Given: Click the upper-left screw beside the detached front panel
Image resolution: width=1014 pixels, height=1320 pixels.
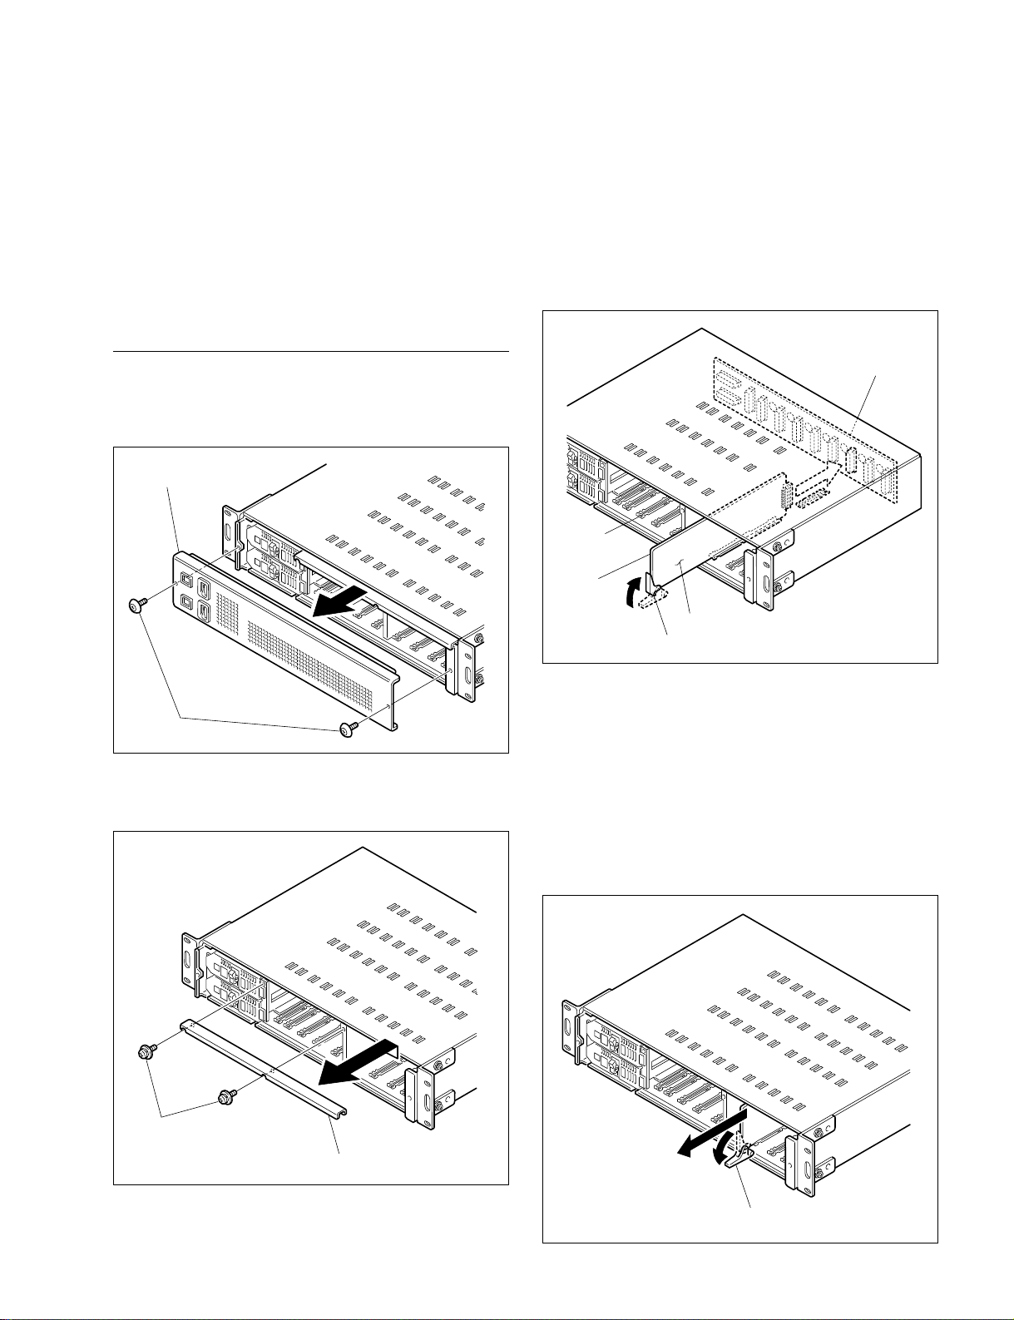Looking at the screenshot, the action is pos(136,606).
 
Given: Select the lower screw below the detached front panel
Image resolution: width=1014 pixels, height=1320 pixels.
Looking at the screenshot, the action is pos(347,729).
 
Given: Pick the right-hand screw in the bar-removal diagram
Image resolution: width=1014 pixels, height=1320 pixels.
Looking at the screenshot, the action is pos(224,1098).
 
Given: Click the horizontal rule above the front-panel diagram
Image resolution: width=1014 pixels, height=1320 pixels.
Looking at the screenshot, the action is pos(310,352).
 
